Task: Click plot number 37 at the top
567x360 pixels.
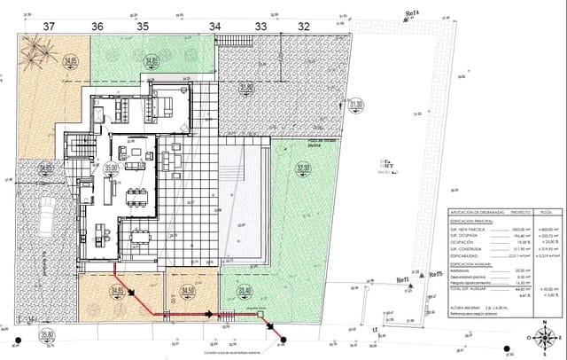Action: [48, 27]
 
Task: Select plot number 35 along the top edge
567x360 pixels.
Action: [142, 27]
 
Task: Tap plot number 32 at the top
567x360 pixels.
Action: [304, 27]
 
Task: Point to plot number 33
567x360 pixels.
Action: [260, 27]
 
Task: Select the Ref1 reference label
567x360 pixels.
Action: [402, 280]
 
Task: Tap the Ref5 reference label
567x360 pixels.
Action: [434, 275]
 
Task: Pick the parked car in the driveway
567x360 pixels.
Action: [42, 212]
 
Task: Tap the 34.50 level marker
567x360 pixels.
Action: [187, 290]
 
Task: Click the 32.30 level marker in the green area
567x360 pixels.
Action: [304, 167]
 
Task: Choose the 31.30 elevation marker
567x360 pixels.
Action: [357, 105]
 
